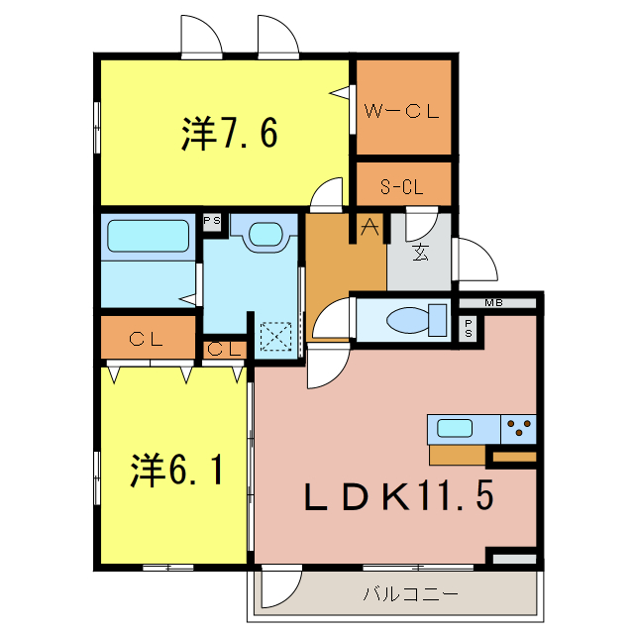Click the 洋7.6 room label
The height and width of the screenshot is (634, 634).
228,134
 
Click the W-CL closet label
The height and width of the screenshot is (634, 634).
401,111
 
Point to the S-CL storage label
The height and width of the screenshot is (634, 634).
402,185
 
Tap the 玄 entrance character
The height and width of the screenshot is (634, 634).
420,253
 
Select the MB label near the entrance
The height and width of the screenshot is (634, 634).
492,303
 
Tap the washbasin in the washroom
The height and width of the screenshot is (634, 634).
265,235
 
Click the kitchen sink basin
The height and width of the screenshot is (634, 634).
455,429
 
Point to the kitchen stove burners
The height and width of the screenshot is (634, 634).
518,429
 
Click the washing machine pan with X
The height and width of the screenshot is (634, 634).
274,335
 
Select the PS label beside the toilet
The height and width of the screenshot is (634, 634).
468,328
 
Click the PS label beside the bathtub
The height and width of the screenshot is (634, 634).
211,221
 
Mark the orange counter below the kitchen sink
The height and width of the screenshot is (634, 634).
457,455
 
